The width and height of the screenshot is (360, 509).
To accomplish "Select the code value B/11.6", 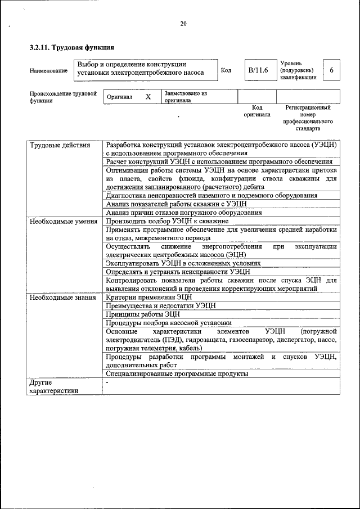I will pyautogui.click(x=258, y=70).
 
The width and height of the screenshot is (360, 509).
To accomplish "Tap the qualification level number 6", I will pyautogui.click(x=331, y=70).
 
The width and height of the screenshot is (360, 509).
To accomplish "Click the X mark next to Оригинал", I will pyautogui.click(x=148, y=97).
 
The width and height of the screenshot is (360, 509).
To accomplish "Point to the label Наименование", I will pyautogui.click(x=48, y=71).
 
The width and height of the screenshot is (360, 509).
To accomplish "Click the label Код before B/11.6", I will pyautogui.click(x=226, y=70).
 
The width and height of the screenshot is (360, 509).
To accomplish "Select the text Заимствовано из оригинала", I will pyautogui.click(x=186, y=97).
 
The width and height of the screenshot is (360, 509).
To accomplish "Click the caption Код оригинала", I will pyautogui.click(x=257, y=110).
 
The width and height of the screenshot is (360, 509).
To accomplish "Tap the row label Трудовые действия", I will pyautogui.click(x=60, y=145).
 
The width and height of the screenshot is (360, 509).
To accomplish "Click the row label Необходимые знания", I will pyautogui.click(x=62, y=297).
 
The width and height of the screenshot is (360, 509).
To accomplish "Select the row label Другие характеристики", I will pyautogui.click(x=54, y=386).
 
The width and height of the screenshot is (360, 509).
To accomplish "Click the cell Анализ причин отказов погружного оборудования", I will pyautogui.click(x=184, y=213).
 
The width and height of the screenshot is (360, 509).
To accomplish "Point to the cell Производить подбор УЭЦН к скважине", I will pyautogui.click(x=166, y=221).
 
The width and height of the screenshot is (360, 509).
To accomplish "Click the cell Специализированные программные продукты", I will pyautogui.click(x=177, y=373).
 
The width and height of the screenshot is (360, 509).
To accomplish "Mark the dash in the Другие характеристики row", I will pyautogui.click(x=107, y=382).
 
